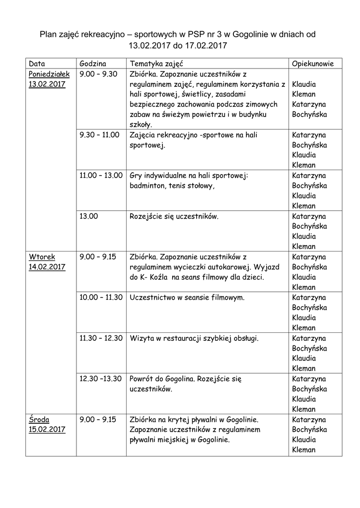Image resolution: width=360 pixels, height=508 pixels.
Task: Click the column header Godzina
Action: point(93,64)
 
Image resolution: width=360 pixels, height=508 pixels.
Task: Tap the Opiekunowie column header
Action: point(312,64)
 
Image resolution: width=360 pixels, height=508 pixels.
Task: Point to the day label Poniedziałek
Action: point(49,74)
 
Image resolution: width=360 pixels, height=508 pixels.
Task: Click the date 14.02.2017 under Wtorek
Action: point(47,267)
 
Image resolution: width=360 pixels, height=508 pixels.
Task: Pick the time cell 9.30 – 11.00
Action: point(99,135)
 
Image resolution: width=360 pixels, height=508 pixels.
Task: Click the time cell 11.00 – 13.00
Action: point(101,176)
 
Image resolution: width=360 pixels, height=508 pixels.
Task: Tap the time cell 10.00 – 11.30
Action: point(101,298)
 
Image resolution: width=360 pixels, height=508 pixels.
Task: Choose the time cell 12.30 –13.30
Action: point(100,379)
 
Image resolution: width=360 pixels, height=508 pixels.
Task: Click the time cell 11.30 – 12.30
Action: point(101,338)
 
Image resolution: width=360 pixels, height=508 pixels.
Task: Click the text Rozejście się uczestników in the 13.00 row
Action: point(174,217)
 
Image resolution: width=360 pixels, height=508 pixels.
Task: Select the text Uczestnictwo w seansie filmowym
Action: point(187,298)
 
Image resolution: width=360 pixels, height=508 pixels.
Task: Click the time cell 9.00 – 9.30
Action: point(98,74)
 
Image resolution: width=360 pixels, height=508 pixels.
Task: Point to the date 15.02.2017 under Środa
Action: point(47,429)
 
